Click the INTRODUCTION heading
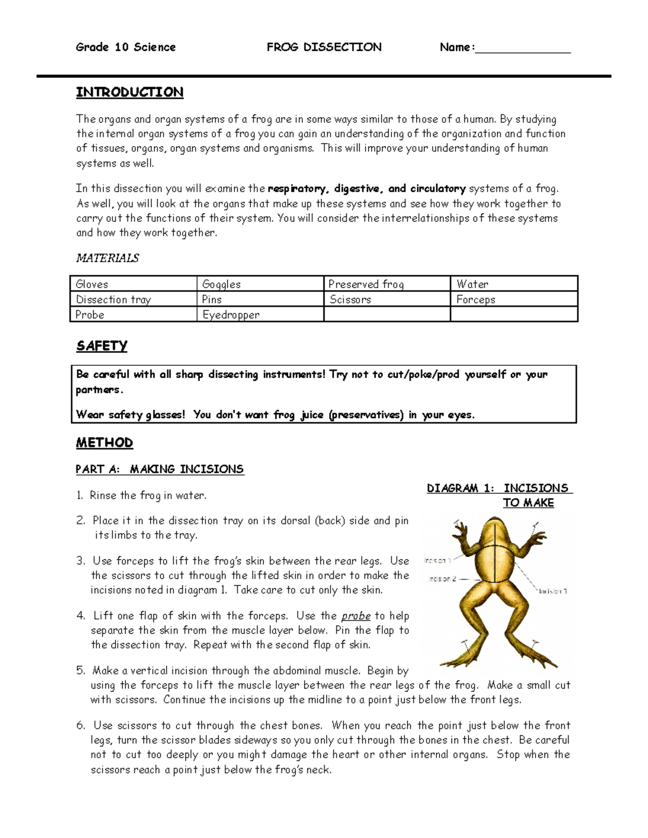click(129, 92)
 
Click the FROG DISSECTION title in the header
click(324, 47)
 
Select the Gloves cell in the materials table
click(133, 284)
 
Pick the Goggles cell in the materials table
click(260, 284)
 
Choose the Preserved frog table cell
click(387, 284)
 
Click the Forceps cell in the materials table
click(514, 299)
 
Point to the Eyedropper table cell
click(260, 315)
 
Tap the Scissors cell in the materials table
click(387, 299)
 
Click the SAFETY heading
click(102, 346)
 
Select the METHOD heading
click(104, 443)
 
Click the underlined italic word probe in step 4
click(356, 616)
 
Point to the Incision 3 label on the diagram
click(552, 591)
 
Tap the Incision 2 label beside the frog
click(442, 578)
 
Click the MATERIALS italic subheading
click(107, 258)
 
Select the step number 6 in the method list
click(80, 725)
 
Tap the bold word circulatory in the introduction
click(437, 188)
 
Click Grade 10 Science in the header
click(126, 47)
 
